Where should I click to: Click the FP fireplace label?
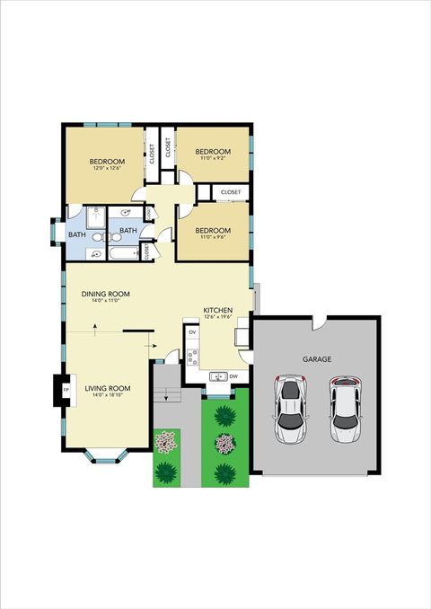pos(66,389)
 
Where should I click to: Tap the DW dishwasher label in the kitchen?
pos(233,376)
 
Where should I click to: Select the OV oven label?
pos(192,331)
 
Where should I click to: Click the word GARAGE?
pos(316,359)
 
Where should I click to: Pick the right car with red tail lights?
pos(346,410)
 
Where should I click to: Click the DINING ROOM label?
pos(106,294)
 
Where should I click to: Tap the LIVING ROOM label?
pos(108,388)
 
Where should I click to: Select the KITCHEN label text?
pos(218,308)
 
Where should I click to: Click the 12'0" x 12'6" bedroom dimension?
pos(107,169)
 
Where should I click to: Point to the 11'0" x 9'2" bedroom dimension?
pos(214,158)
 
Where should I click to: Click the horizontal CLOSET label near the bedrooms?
pos(231,192)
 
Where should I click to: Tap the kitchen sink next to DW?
pos(216,376)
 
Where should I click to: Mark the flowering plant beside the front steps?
pos(165,442)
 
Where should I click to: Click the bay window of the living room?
pos(106,455)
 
